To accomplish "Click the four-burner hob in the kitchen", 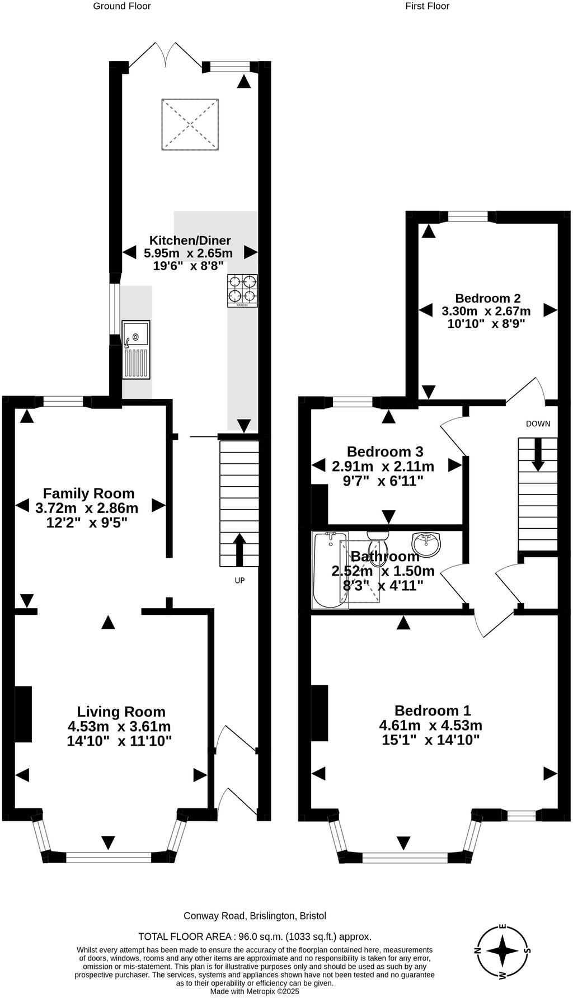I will click(242, 290).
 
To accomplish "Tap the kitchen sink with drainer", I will click(136, 350).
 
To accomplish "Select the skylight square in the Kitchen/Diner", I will click(190, 124).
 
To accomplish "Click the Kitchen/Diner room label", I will click(190, 241).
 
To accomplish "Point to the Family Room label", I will click(88, 493).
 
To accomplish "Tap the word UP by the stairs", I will click(239, 581).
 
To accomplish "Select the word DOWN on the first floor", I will click(538, 423).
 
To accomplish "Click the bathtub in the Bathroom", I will click(330, 570).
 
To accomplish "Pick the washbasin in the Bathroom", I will click(426, 544).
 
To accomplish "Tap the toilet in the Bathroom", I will click(378, 540).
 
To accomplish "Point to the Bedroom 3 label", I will click(385, 451).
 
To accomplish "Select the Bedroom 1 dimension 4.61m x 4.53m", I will click(430, 726).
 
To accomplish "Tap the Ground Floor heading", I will click(121, 6).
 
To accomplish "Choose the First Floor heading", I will click(428, 6).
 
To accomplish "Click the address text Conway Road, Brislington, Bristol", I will click(255, 916).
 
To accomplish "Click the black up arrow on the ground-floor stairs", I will click(239, 549).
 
